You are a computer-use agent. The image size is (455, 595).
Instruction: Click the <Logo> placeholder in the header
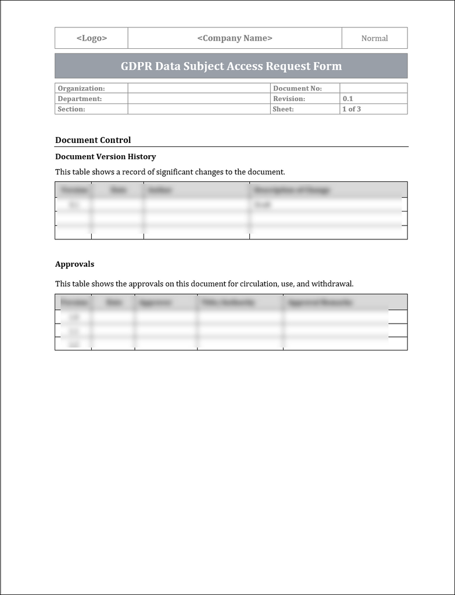point(92,38)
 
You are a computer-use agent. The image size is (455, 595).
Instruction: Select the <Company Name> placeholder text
point(235,38)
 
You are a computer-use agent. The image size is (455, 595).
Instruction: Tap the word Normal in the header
point(374,38)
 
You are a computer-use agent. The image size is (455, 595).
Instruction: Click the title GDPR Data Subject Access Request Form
point(231,66)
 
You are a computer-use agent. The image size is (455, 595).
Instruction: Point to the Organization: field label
point(81,88)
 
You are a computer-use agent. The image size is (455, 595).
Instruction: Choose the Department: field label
point(80,99)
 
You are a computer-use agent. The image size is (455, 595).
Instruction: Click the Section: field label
point(71,109)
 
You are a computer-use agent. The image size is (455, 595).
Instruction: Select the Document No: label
point(298,88)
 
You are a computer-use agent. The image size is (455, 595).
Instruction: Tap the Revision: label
point(289,99)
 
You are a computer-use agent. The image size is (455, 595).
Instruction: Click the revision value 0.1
point(347,99)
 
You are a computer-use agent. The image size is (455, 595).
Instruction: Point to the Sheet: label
point(284,109)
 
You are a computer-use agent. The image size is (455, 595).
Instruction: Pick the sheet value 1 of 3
point(352,109)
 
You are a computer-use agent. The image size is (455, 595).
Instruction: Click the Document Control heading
point(93,140)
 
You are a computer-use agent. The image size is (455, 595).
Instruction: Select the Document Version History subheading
point(105,157)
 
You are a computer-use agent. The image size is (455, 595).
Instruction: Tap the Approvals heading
point(74,264)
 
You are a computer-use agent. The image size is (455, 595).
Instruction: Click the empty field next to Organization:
point(199,88)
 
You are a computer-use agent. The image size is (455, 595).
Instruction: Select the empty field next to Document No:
point(373,88)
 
